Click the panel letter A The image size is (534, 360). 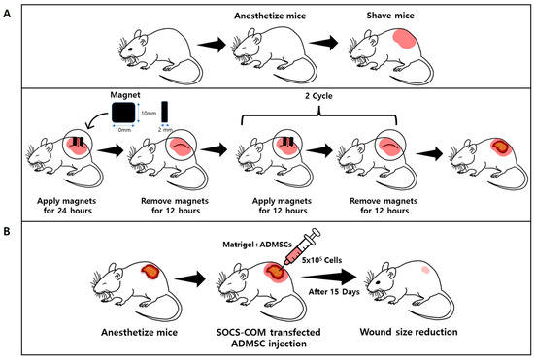[x=9, y=13]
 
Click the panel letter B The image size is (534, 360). [x=9, y=233]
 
